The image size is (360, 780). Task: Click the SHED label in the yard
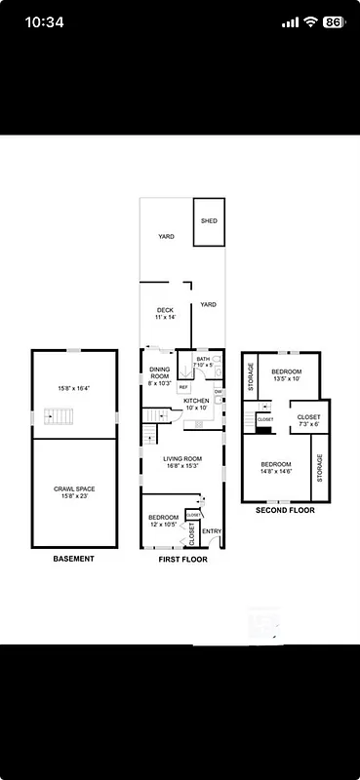point(210,221)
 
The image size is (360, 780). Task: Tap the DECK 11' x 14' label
point(164,314)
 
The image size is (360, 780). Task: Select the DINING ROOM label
point(159,376)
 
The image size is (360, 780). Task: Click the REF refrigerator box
point(182,387)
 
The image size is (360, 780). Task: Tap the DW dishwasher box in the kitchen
point(219,392)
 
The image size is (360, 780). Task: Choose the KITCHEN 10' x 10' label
point(196,404)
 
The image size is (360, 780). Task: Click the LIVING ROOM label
point(182,461)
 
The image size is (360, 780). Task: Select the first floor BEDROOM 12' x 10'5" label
point(163,521)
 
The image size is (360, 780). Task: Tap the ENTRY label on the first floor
point(212,530)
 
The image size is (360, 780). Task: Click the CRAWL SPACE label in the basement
point(73,492)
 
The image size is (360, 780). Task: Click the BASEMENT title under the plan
point(73,559)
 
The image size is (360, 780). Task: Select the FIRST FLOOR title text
point(182,560)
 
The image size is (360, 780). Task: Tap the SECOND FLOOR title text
point(284,510)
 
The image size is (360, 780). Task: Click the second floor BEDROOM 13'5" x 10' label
point(287,375)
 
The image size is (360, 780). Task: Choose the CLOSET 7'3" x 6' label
point(307,420)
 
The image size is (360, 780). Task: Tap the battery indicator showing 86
point(333,21)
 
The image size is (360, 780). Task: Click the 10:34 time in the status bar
point(44,21)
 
